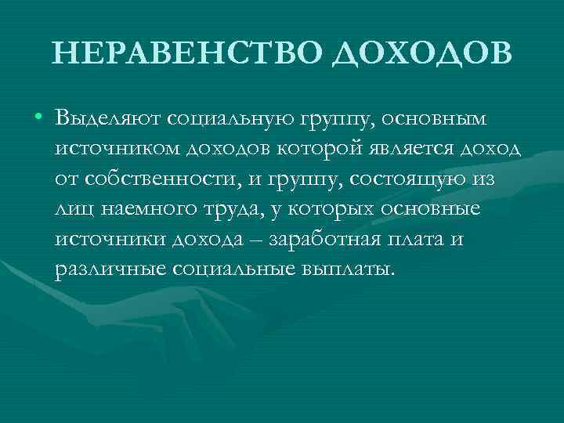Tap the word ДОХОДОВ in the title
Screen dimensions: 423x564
[421, 53]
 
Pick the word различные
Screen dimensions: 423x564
[107, 269]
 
